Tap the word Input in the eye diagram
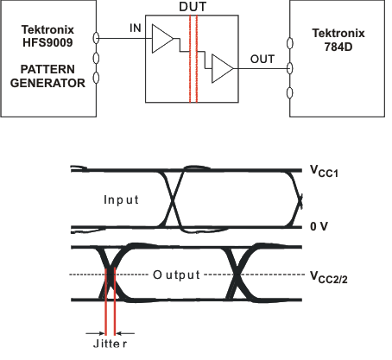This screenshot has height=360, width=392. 121,199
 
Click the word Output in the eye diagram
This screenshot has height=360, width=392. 177,275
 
